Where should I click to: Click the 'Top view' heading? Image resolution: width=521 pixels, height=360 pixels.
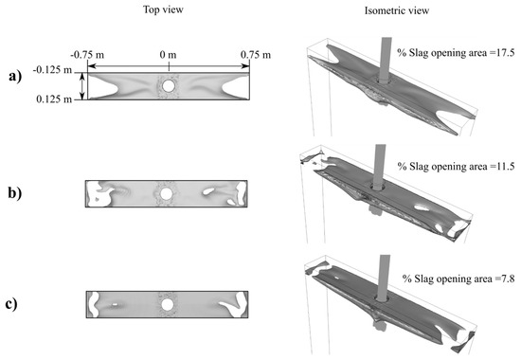(163, 9)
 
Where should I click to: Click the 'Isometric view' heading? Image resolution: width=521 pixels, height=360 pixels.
(397, 10)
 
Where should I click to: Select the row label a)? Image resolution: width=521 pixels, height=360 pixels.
(15, 77)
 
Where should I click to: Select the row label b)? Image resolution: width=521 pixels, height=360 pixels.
(15, 193)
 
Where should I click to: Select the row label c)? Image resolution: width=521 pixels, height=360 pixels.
(11, 304)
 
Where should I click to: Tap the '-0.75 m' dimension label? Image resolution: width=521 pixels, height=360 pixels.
(87, 55)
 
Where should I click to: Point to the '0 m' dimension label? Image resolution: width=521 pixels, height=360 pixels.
(168, 55)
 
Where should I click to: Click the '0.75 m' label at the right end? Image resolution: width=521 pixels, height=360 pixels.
(256, 55)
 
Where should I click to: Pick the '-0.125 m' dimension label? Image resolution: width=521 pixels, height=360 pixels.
(52, 70)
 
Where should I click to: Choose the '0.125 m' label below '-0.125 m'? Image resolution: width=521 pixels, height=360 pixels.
(54, 99)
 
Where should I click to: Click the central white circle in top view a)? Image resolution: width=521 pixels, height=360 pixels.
(169, 86)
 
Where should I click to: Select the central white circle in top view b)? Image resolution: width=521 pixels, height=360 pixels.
(166, 193)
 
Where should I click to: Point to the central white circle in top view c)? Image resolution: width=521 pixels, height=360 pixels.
(167, 304)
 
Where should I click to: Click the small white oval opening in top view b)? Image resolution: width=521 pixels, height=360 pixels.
(208, 191)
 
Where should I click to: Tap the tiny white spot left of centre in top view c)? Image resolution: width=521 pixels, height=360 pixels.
(115, 304)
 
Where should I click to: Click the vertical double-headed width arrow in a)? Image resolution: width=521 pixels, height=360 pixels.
(82, 86)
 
